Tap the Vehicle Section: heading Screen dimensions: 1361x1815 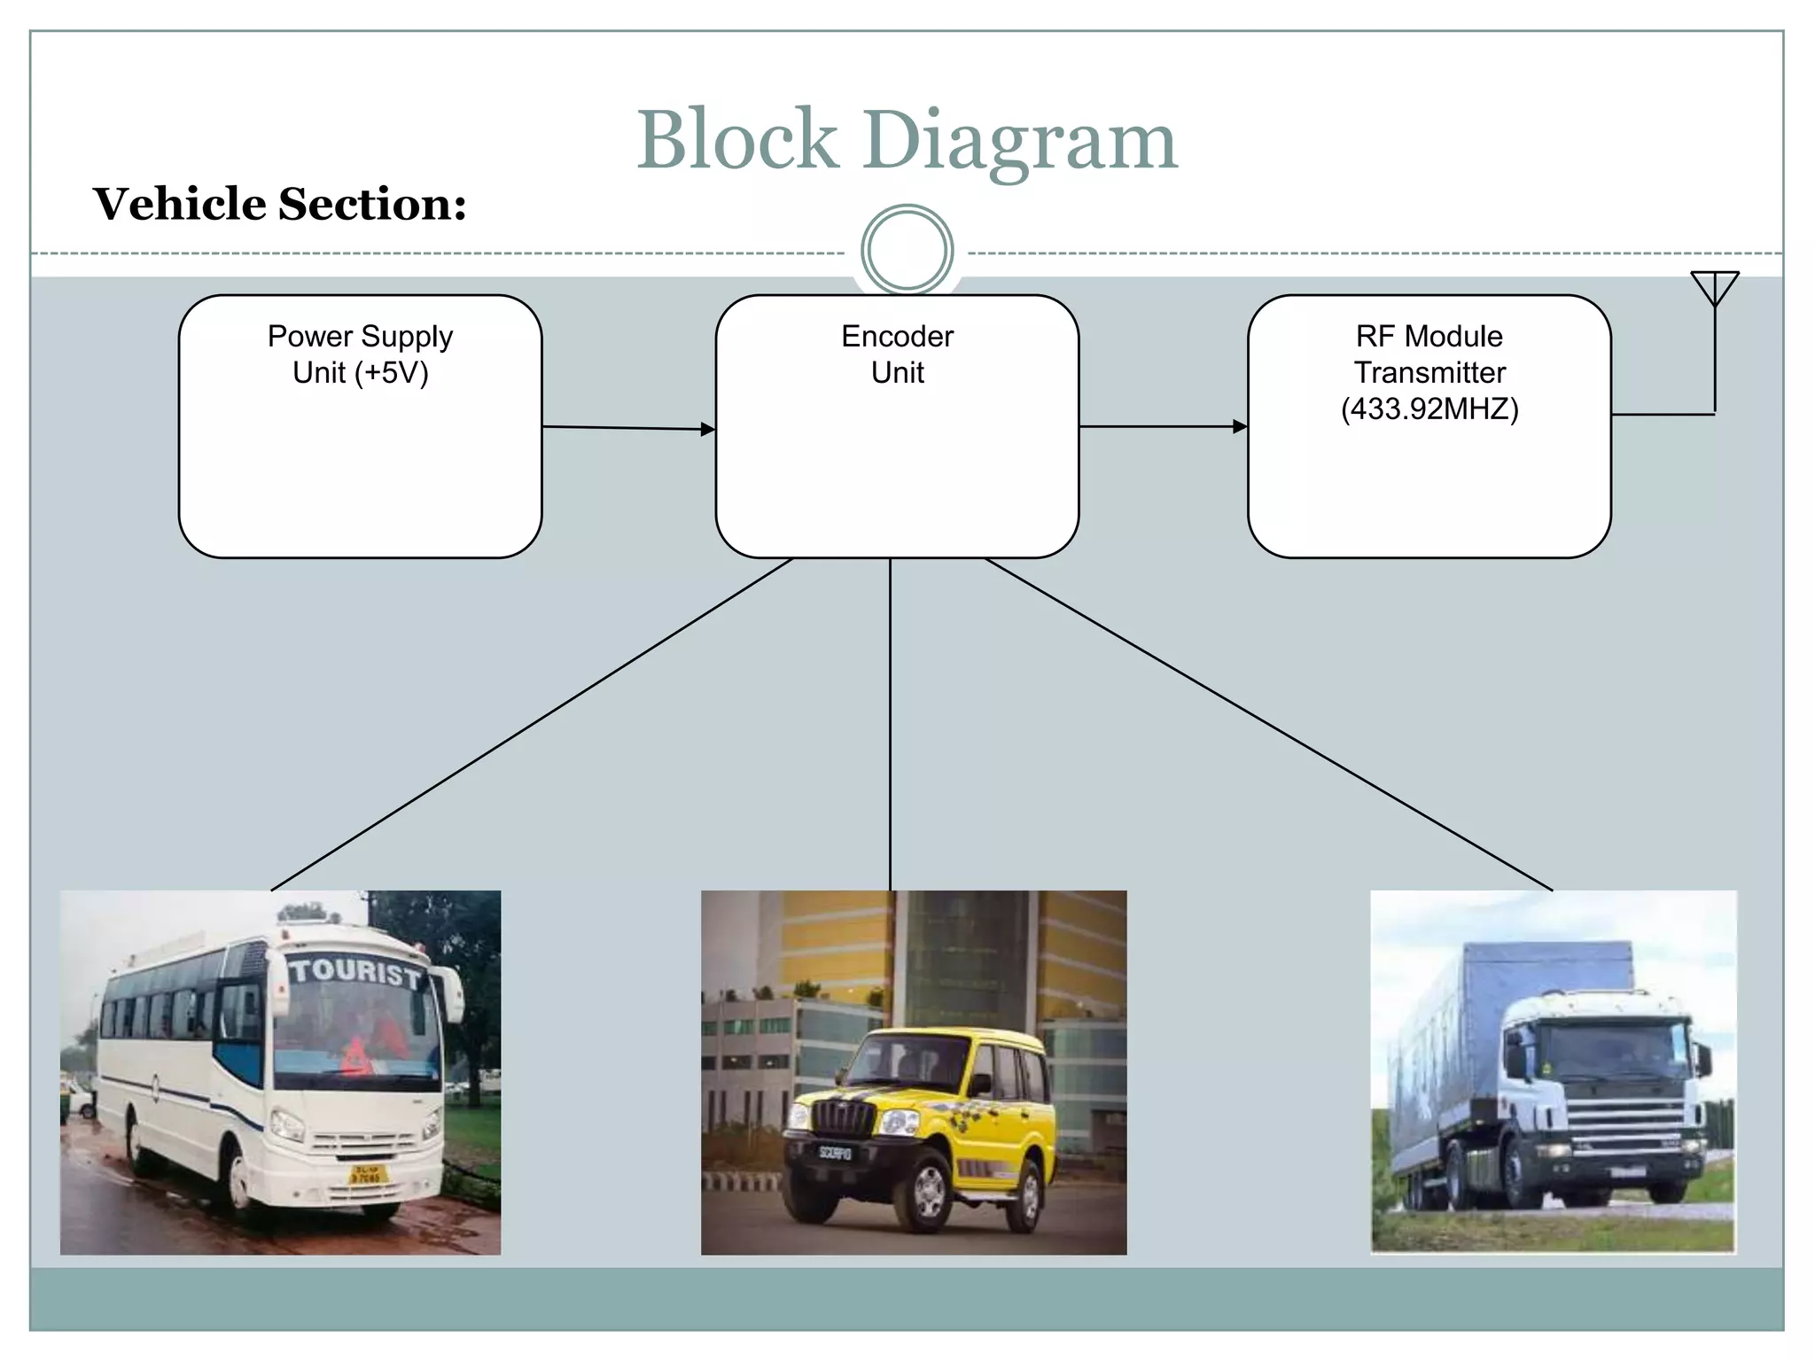click(280, 204)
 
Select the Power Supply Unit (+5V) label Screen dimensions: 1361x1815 click(361, 354)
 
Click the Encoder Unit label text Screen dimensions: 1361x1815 click(897, 354)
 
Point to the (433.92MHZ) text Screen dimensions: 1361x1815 click(1429, 409)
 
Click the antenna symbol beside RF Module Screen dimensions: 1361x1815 click(1715, 292)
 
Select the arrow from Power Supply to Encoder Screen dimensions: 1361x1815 click(629, 428)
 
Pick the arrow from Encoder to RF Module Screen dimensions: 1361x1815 click(1163, 426)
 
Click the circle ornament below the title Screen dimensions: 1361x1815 click(907, 250)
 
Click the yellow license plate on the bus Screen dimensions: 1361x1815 click(366, 1175)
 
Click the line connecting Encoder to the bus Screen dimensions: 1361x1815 click(532, 725)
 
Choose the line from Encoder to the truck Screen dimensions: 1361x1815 click(1267, 725)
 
